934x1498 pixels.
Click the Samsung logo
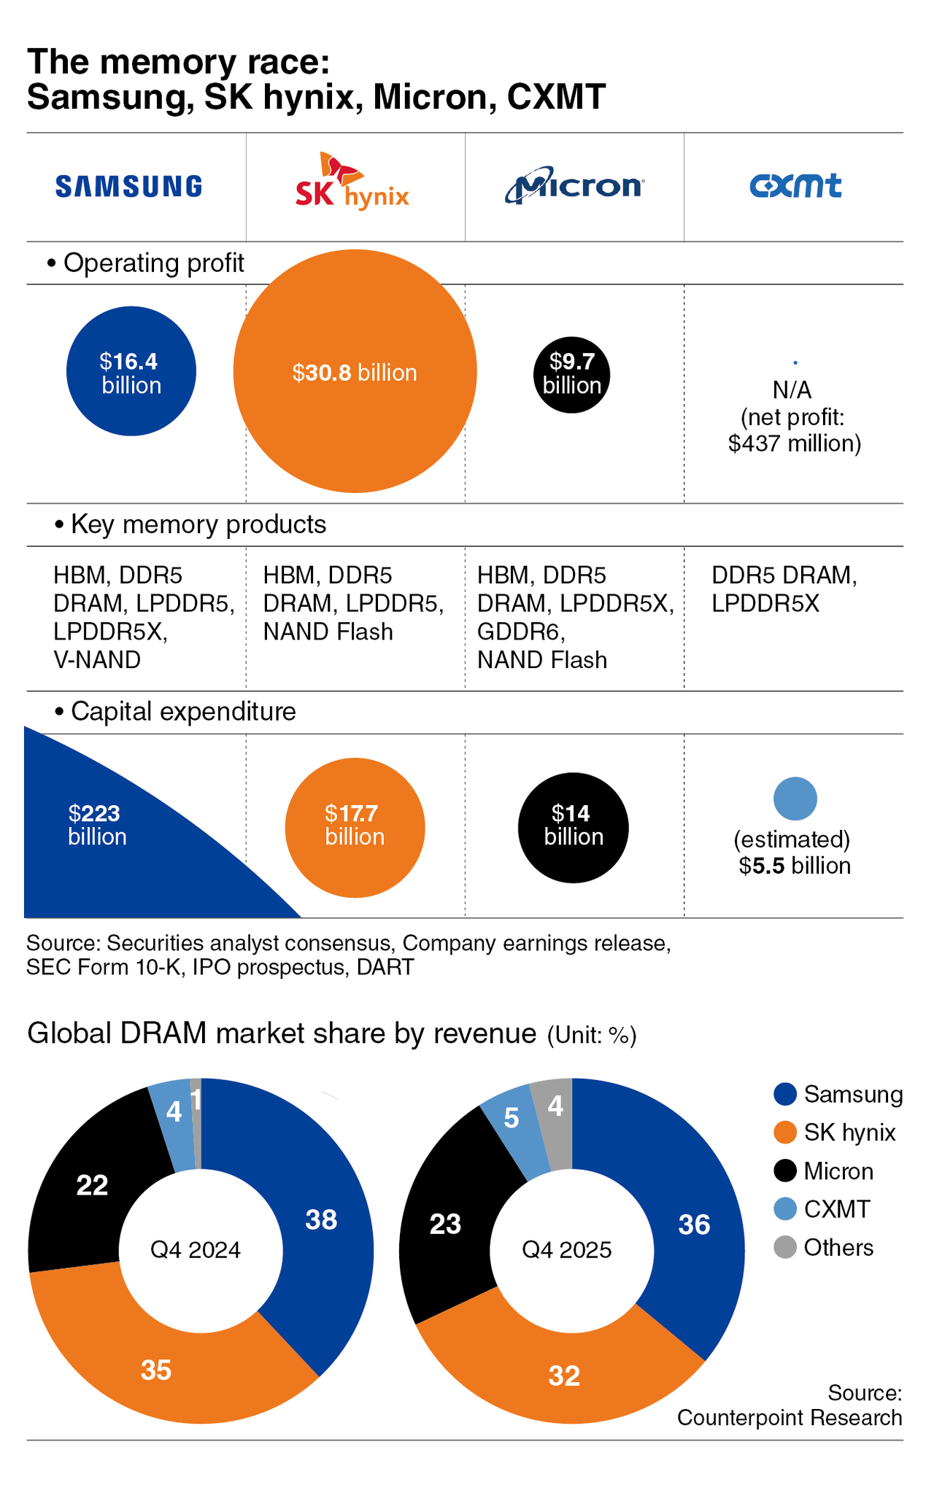click(x=128, y=187)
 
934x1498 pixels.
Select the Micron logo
click(x=574, y=187)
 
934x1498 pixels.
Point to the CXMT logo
click(x=795, y=187)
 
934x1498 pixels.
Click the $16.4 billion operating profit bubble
click(x=131, y=371)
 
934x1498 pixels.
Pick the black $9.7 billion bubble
click(x=571, y=375)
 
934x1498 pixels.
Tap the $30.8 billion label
click(x=355, y=373)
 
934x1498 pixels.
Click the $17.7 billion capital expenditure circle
click(x=355, y=827)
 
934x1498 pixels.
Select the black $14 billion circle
click(x=573, y=827)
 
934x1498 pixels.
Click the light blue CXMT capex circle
click(x=795, y=799)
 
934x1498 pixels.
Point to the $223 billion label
click(x=97, y=824)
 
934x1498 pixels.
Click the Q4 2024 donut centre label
click(x=196, y=1250)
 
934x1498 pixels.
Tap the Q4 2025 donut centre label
click(x=567, y=1250)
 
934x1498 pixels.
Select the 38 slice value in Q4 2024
click(x=321, y=1219)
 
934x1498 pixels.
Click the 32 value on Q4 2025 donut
click(x=564, y=1375)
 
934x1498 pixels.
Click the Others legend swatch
click(x=785, y=1248)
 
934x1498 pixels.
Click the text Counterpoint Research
click(x=790, y=1417)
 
